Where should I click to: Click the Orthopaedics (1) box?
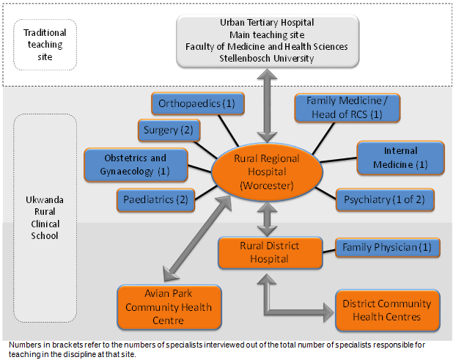pyautogui.click(x=196, y=104)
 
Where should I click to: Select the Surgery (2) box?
pyautogui.click(x=166, y=131)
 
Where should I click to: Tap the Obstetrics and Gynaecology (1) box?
pyautogui.click(x=136, y=164)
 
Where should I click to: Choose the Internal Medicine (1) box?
pyautogui.click(x=400, y=158)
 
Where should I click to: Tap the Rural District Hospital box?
pyautogui.click(x=270, y=251)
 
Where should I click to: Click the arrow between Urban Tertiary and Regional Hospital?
pyautogui.click(x=268, y=103)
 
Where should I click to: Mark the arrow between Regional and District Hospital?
pyautogui.click(x=268, y=218)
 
